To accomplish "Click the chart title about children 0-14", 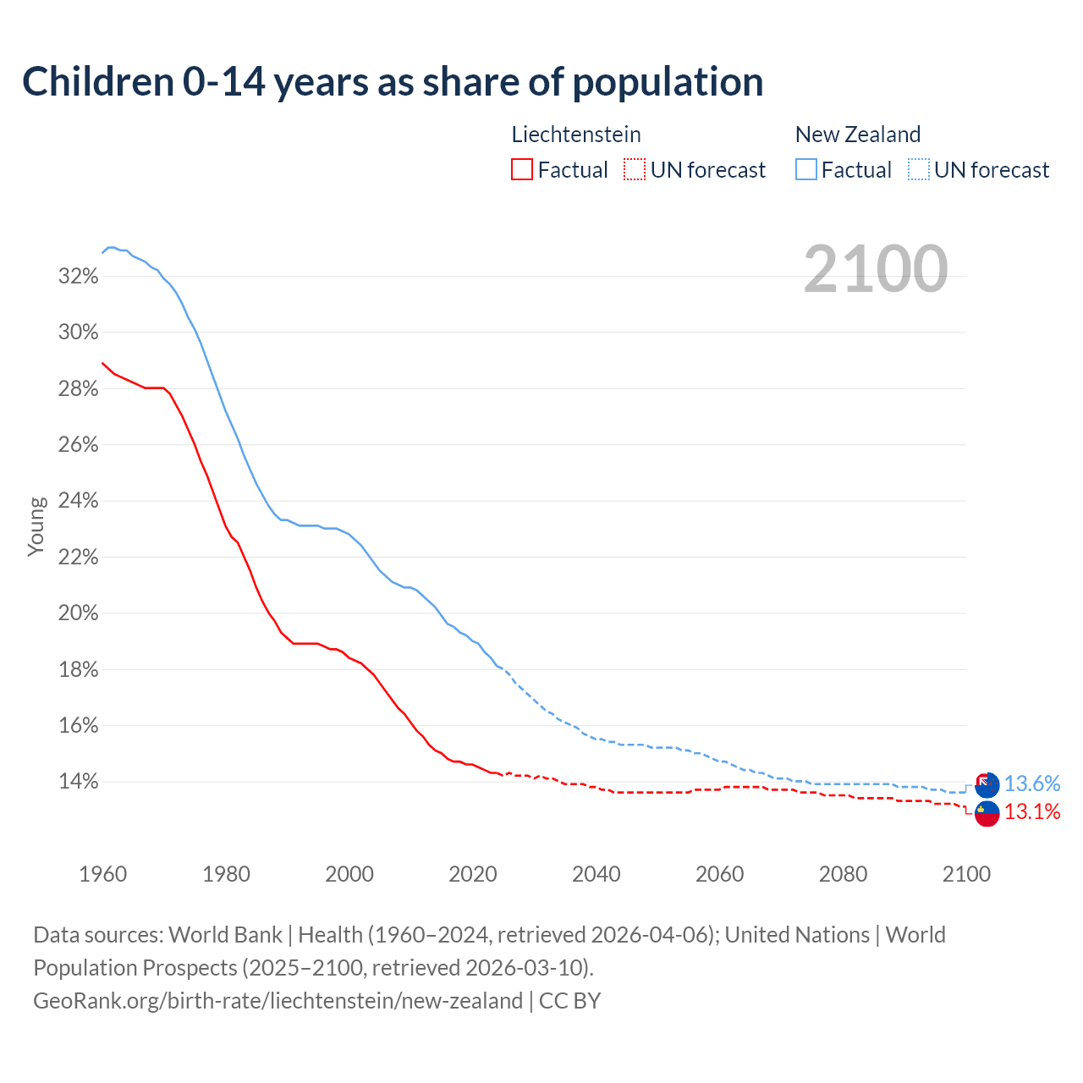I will coord(393,81).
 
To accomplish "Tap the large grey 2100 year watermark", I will coord(876,269).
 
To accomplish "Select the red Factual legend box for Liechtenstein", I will coord(522,170).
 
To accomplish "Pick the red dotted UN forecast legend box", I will coord(635,170).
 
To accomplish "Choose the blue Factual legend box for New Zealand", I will coord(806,170).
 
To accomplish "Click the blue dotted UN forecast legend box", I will coord(918,170).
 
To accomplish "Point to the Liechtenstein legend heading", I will coord(576,135).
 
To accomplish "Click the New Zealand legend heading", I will coord(858,135).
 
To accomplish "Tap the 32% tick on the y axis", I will coord(78,277).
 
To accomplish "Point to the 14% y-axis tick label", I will coord(78,782).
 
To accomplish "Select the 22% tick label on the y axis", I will coord(78,558).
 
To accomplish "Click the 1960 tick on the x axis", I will coord(102,874).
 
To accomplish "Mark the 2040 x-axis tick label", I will coord(596,874).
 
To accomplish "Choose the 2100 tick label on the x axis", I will coord(966,874).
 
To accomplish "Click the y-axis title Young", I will coord(36,526).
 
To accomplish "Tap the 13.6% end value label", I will coord(1032,784).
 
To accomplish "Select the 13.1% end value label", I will coord(1032,812).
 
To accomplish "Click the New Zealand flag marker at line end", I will coord(987,785).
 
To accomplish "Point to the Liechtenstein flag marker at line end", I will coord(987,814).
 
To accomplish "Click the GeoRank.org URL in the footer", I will coord(278,1001).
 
